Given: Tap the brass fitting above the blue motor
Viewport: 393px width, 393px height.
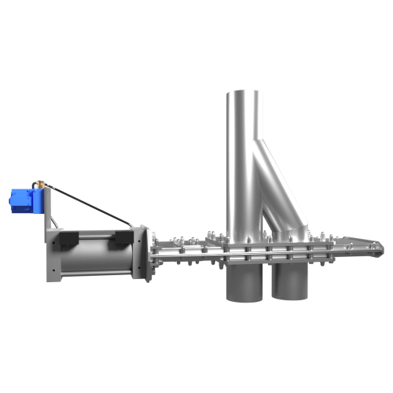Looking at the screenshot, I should tap(37, 185).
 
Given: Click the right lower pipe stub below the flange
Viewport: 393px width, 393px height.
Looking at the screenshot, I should tap(291, 283).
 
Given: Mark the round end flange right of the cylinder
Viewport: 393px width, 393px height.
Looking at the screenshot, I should tap(142, 252).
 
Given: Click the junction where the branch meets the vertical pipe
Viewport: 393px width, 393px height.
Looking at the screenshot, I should tap(258, 149).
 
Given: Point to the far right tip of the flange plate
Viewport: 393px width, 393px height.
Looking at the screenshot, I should tap(379, 251).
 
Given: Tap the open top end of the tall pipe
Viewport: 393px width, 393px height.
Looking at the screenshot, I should tap(244, 93).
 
